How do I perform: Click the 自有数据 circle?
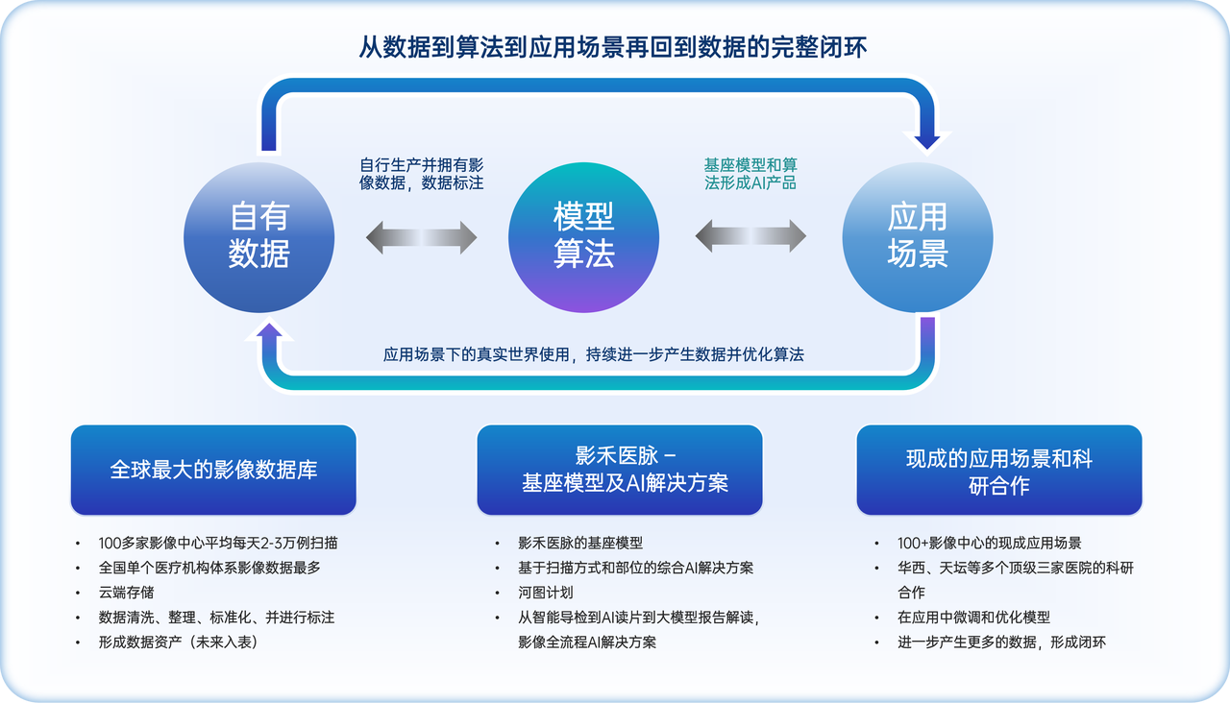[x=259, y=237]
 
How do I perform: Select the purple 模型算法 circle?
[x=583, y=237]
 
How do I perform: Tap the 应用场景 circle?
[x=918, y=237]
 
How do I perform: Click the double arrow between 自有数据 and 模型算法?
[x=421, y=237]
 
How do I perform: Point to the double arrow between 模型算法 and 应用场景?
[x=750, y=237]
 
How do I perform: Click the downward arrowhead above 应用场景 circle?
[x=927, y=139]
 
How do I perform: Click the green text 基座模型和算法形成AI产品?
[x=750, y=173]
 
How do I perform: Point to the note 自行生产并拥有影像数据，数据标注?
[x=421, y=173]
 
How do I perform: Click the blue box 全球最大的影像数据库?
[x=213, y=470]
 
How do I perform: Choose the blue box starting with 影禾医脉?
[x=619, y=470]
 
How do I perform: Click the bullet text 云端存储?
[x=127, y=593]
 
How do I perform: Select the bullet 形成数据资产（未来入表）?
[x=178, y=642]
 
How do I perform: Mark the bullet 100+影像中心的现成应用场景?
[x=990, y=543]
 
